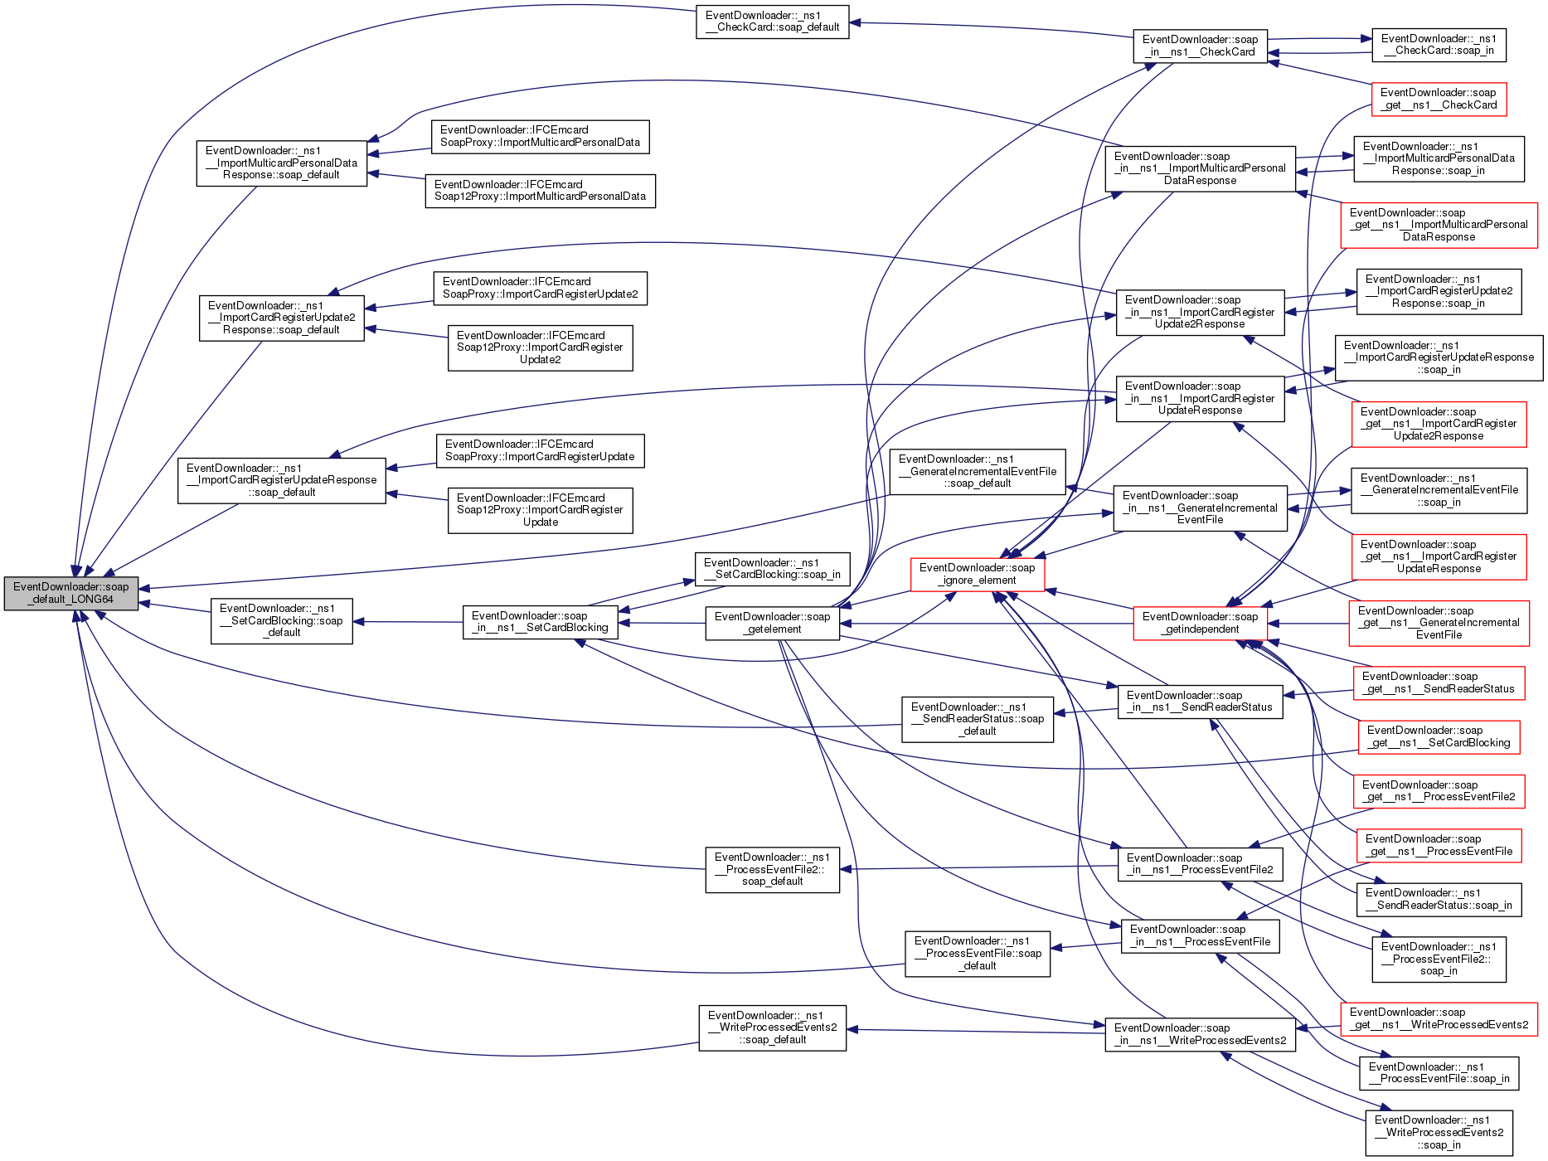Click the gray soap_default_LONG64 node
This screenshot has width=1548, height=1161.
pyautogui.click(x=71, y=593)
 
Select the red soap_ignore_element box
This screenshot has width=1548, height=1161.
pyautogui.click(x=977, y=574)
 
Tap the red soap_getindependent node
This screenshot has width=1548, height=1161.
pyautogui.click(x=1200, y=623)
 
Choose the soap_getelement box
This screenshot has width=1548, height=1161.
pyautogui.click(x=772, y=623)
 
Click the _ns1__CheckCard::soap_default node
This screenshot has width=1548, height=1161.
pyautogui.click(x=772, y=22)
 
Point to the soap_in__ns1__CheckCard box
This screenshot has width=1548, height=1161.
pyautogui.click(x=1200, y=46)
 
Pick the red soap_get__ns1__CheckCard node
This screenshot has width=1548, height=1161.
pyautogui.click(x=1438, y=99)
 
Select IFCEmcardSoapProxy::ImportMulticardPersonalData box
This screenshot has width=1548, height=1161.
pyautogui.click(x=540, y=136)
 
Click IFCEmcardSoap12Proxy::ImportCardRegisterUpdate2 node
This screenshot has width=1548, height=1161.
pyautogui.click(x=540, y=347)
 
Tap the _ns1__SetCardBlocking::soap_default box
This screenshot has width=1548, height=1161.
pyautogui.click(x=281, y=620)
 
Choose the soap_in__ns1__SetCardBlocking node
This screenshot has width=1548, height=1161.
pyautogui.click(x=540, y=622)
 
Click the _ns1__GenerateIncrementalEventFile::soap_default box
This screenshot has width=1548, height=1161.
pyautogui.click(x=977, y=471)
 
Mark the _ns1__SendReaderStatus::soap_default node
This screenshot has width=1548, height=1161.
pyautogui.click(x=977, y=719)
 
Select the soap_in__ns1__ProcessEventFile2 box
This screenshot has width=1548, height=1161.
pyautogui.click(x=1200, y=863)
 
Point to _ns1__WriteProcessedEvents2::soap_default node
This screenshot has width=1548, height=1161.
pyautogui.click(x=772, y=1027)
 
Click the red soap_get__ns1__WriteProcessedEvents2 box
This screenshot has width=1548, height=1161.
pyautogui.click(x=1438, y=1018)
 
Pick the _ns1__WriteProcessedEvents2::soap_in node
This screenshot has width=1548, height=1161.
pyautogui.click(x=1438, y=1133)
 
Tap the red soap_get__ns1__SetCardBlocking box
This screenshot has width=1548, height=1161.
pyautogui.click(x=1438, y=736)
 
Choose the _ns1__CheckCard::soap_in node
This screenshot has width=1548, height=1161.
pyautogui.click(x=1438, y=45)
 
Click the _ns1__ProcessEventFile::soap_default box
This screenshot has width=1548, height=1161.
pyautogui.click(x=977, y=953)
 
